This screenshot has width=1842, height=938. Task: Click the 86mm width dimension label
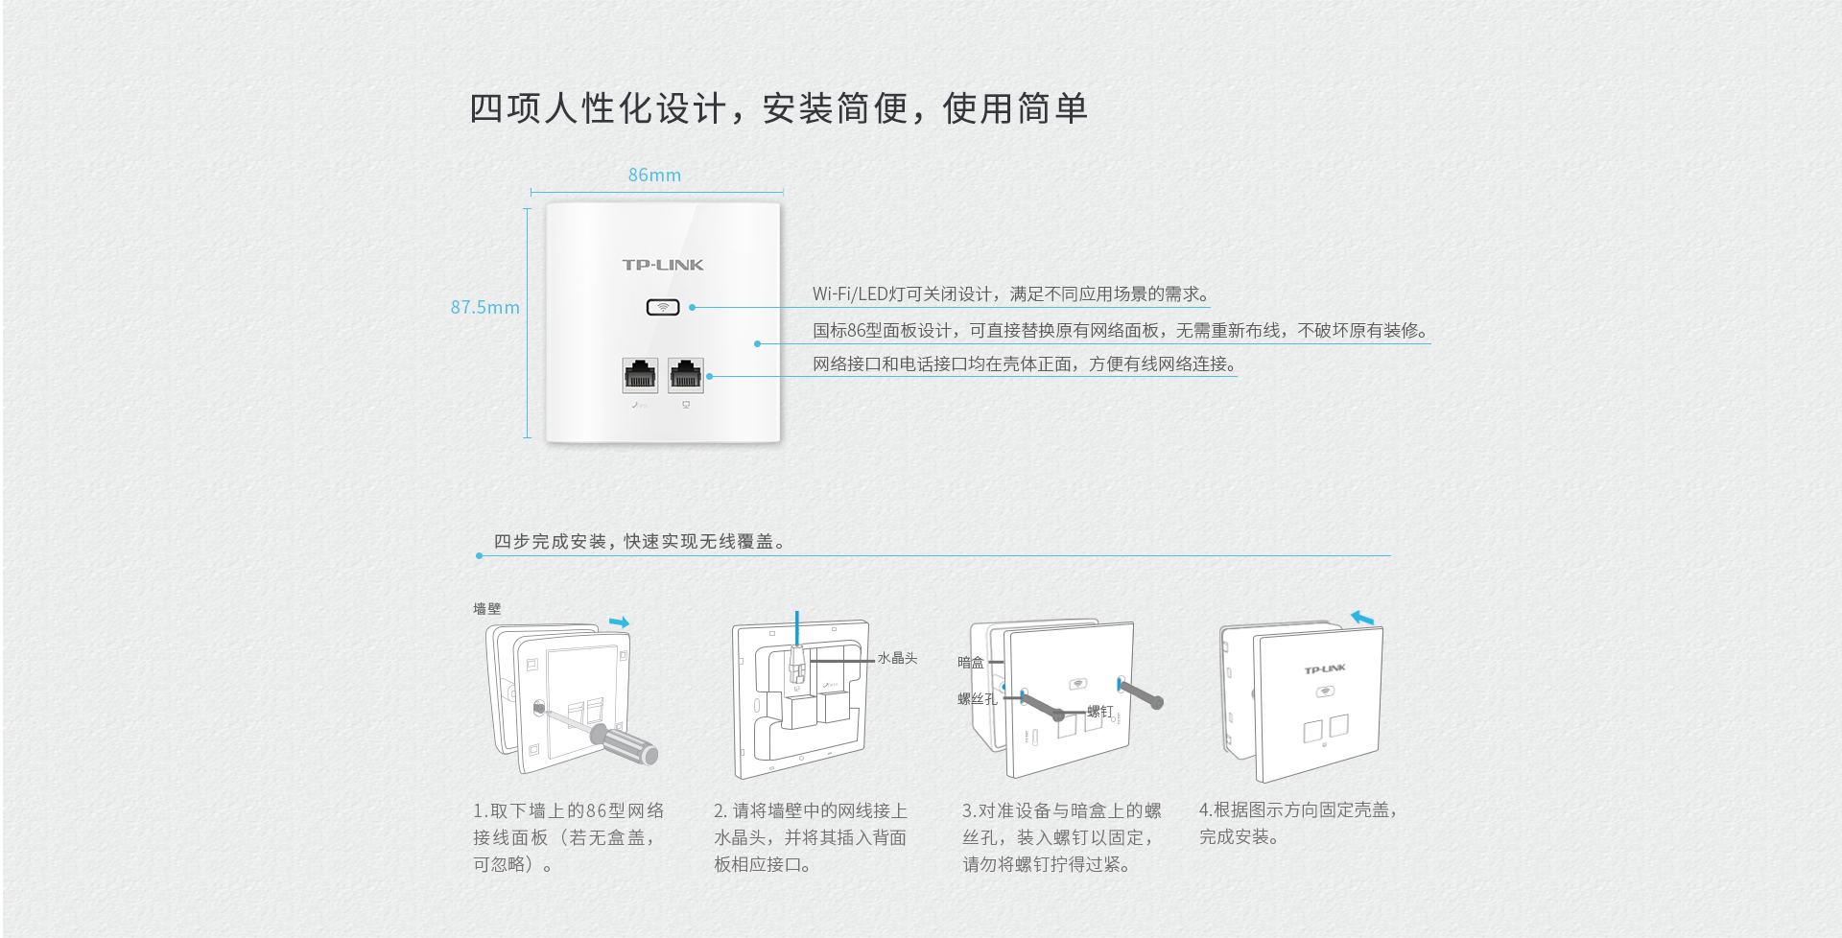(x=654, y=176)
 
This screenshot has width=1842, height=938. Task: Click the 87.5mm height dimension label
(x=484, y=308)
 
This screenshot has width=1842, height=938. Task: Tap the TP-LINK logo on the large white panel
(x=663, y=265)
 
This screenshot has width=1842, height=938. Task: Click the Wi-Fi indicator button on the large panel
(x=663, y=307)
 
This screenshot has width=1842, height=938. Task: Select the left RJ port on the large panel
(x=640, y=375)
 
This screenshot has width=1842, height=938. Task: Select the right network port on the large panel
(x=686, y=375)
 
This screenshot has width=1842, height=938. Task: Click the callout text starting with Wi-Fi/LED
(x=1010, y=294)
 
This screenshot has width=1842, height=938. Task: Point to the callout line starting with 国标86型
(x=1119, y=331)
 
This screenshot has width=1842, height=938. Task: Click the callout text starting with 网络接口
(x=1025, y=364)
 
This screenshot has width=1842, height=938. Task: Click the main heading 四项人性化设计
(x=778, y=108)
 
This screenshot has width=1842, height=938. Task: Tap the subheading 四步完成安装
(x=639, y=542)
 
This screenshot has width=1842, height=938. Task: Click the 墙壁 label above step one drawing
(x=486, y=609)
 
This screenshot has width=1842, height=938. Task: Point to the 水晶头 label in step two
(x=897, y=659)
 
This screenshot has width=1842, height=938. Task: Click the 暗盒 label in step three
(x=970, y=663)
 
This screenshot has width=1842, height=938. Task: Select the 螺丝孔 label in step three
(x=977, y=699)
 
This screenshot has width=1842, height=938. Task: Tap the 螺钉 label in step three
(x=1099, y=712)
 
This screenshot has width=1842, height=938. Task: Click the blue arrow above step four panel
(x=1362, y=619)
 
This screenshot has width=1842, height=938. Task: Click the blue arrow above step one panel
(x=619, y=622)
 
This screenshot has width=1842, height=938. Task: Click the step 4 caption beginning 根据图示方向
(x=1297, y=823)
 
